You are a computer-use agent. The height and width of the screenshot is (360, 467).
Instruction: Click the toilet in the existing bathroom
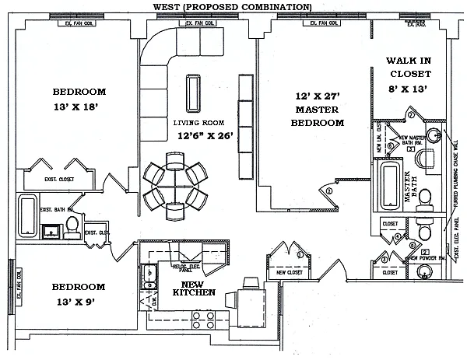click(x=72, y=226)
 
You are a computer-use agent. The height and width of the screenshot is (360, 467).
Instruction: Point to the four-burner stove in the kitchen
click(x=205, y=319)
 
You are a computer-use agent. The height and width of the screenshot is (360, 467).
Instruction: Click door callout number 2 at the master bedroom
click(x=328, y=190)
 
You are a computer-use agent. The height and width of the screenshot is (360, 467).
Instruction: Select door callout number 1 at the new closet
click(x=300, y=253)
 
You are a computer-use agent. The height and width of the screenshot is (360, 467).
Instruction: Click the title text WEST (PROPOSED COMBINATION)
click(x=233, y=7)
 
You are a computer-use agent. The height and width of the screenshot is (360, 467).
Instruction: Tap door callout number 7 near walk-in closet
click(x=411, y=115)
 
